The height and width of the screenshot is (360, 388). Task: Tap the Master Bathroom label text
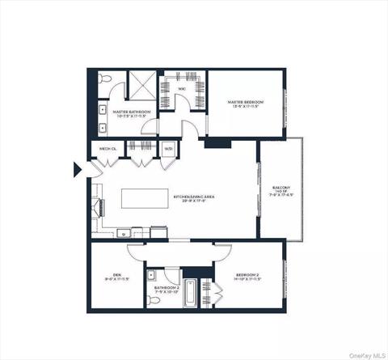[x=129, y=114]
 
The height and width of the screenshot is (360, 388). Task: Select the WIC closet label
[x=183, y=88]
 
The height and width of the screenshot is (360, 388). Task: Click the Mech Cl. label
[x=108, y=149]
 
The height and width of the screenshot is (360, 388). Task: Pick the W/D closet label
[x=167, y=149]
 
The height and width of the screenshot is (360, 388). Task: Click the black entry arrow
[x=78, y=169]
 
